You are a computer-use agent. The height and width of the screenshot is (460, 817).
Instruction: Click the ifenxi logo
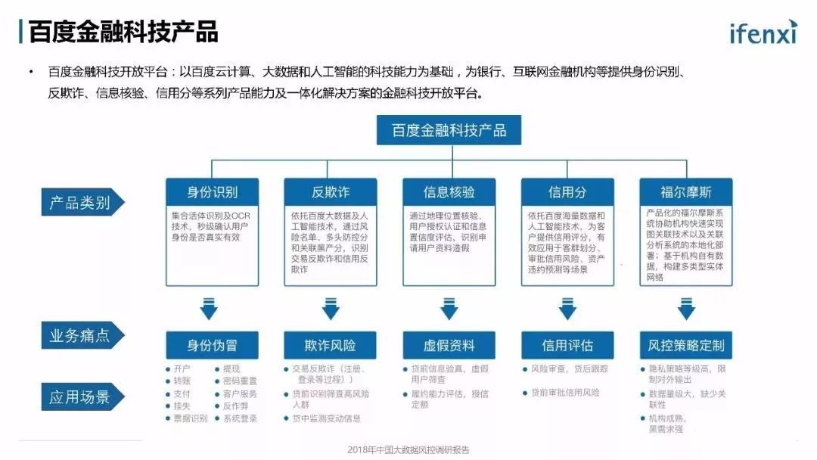[x=762, y=33]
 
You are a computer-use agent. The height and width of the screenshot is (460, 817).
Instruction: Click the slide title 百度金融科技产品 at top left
[x=123, y=32]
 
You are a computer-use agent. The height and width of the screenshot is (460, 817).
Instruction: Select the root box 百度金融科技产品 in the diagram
[x=449, y=130]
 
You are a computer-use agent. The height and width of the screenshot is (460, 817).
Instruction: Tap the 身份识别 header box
[x=212, y=192]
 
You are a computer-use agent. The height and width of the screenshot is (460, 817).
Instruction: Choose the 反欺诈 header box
[x=331, y=192]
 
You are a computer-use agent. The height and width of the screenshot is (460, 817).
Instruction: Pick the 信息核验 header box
[x=449, y=192]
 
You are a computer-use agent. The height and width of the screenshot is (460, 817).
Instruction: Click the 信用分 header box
[x=567, y=192]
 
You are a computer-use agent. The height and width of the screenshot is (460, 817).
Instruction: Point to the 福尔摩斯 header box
[x=686, y=192]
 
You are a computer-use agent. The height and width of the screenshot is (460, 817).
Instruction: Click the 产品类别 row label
[x=80, y=203]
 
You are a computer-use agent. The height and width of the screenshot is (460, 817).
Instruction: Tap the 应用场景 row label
[x=80, y=397]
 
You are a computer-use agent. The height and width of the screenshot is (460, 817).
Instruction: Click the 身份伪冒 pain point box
[x=212, y=346]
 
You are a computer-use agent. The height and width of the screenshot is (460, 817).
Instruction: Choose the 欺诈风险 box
[x=331, y=346]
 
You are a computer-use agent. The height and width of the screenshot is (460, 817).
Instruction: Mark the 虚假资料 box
[x=449, y=346]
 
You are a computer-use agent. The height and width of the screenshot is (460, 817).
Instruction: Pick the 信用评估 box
[x=567, y=346]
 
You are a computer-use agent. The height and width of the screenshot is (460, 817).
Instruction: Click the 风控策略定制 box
[x=686, y=346]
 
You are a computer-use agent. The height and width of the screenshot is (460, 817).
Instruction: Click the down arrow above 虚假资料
[x=449, y=309]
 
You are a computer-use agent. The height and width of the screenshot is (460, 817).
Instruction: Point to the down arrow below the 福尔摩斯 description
[x=686, y=309]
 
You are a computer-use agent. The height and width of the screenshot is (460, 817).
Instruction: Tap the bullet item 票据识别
[x=189, y=418]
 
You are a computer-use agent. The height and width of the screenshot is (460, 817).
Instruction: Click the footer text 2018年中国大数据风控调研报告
[x=408, y=449]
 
